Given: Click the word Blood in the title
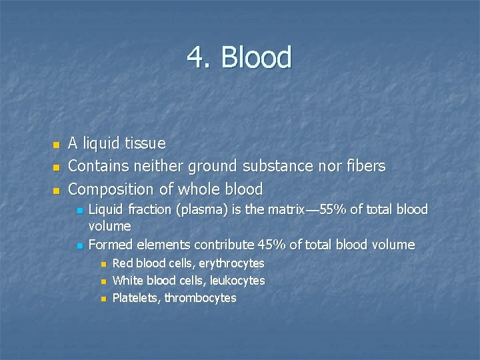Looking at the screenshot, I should click(x=257, y=58).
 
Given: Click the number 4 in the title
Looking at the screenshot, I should click(x=197, y=58).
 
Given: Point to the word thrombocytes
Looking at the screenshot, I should click(x=201, y=298).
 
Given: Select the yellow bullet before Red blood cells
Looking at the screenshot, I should click(x=103, y=265).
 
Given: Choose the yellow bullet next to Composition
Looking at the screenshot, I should click(x=56, y=190).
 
